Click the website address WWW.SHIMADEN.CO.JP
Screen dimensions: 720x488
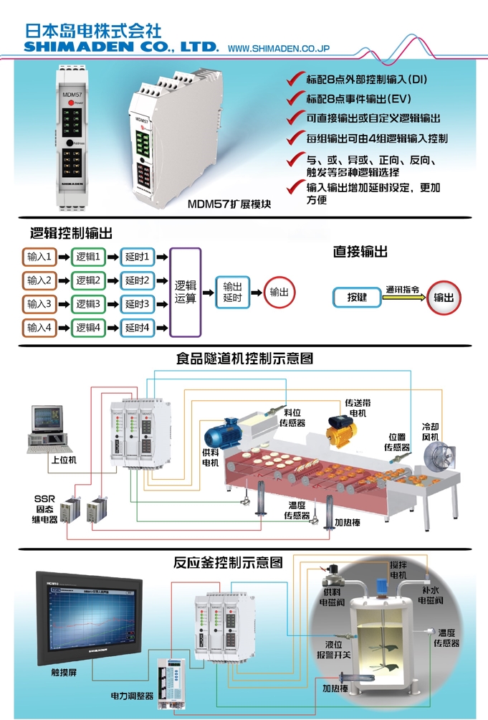[277, 48]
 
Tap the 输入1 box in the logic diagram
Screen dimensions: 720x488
[39, 257]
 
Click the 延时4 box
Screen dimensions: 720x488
[137, 328]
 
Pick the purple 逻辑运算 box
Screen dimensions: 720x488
[186, 292]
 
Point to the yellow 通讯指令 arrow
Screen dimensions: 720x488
[403, 293]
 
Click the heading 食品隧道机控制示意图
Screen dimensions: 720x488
[244, 358]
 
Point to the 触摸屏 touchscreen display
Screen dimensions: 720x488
[82, 617]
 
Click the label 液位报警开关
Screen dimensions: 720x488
[338, 650]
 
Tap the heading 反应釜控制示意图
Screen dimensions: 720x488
[228, 562]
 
